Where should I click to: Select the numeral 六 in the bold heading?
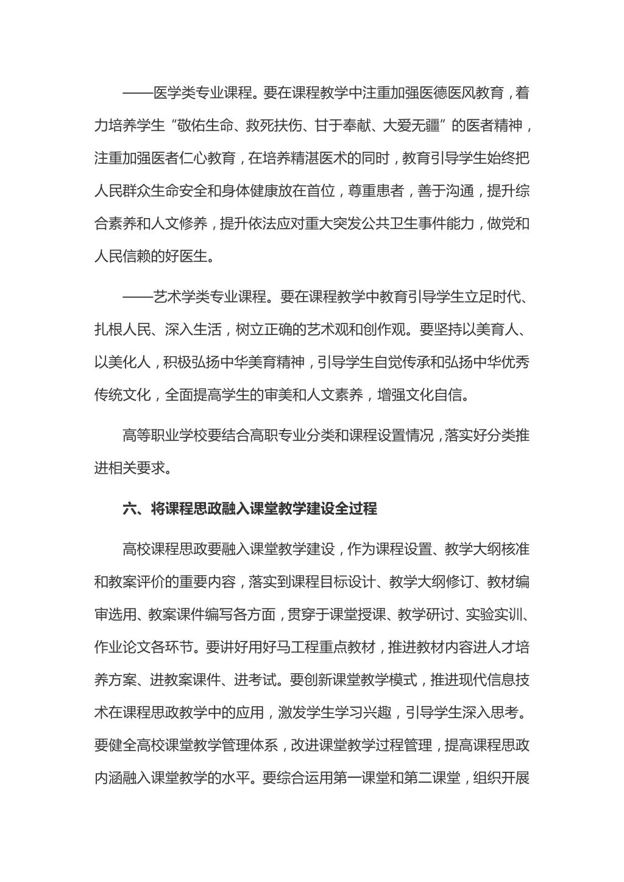130,509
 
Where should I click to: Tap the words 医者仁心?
180,159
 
